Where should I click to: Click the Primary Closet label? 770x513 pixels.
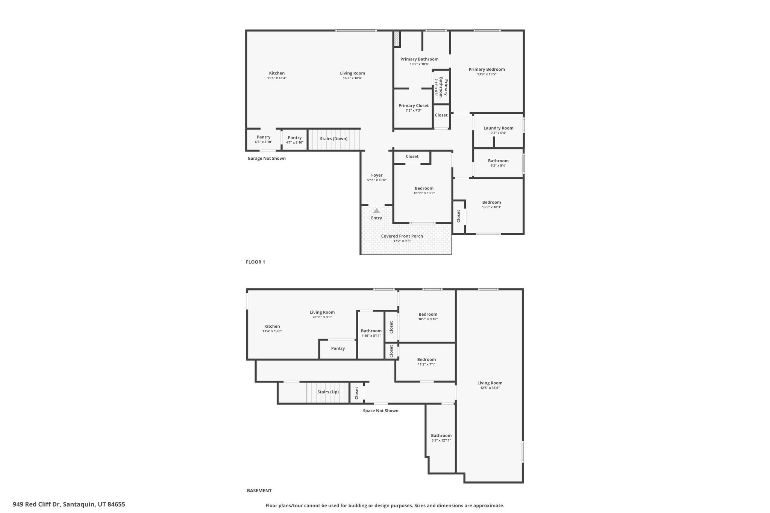point(413,106)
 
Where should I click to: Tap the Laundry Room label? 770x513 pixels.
point(498,128)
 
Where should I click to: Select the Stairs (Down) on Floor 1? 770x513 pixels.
point(333,139)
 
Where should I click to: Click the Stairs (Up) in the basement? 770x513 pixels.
point(328,392)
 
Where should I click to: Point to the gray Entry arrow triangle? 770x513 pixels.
point(376,210)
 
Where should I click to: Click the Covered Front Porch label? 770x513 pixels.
point(402,236)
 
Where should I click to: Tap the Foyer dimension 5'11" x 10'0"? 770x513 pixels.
point(377,180)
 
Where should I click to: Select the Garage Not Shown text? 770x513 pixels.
point(267,158)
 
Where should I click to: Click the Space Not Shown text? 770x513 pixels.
point(380,411)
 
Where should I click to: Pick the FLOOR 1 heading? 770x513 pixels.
point(255,262)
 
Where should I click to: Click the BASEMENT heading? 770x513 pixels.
point(259,490)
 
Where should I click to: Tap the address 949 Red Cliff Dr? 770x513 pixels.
point(69,504)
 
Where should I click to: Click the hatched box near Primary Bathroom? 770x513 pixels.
point(396,39)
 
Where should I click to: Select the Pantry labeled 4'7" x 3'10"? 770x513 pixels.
point(295,140)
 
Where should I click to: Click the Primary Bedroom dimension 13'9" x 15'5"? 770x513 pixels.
point(487,74)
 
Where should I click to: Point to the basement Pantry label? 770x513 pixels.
point(338,348)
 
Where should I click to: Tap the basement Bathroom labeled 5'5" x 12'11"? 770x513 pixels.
point(441,438)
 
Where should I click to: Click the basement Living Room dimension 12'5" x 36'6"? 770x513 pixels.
point(490,388)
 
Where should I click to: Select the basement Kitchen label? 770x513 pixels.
point(272,326)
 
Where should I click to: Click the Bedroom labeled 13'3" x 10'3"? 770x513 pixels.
point(491,204)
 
